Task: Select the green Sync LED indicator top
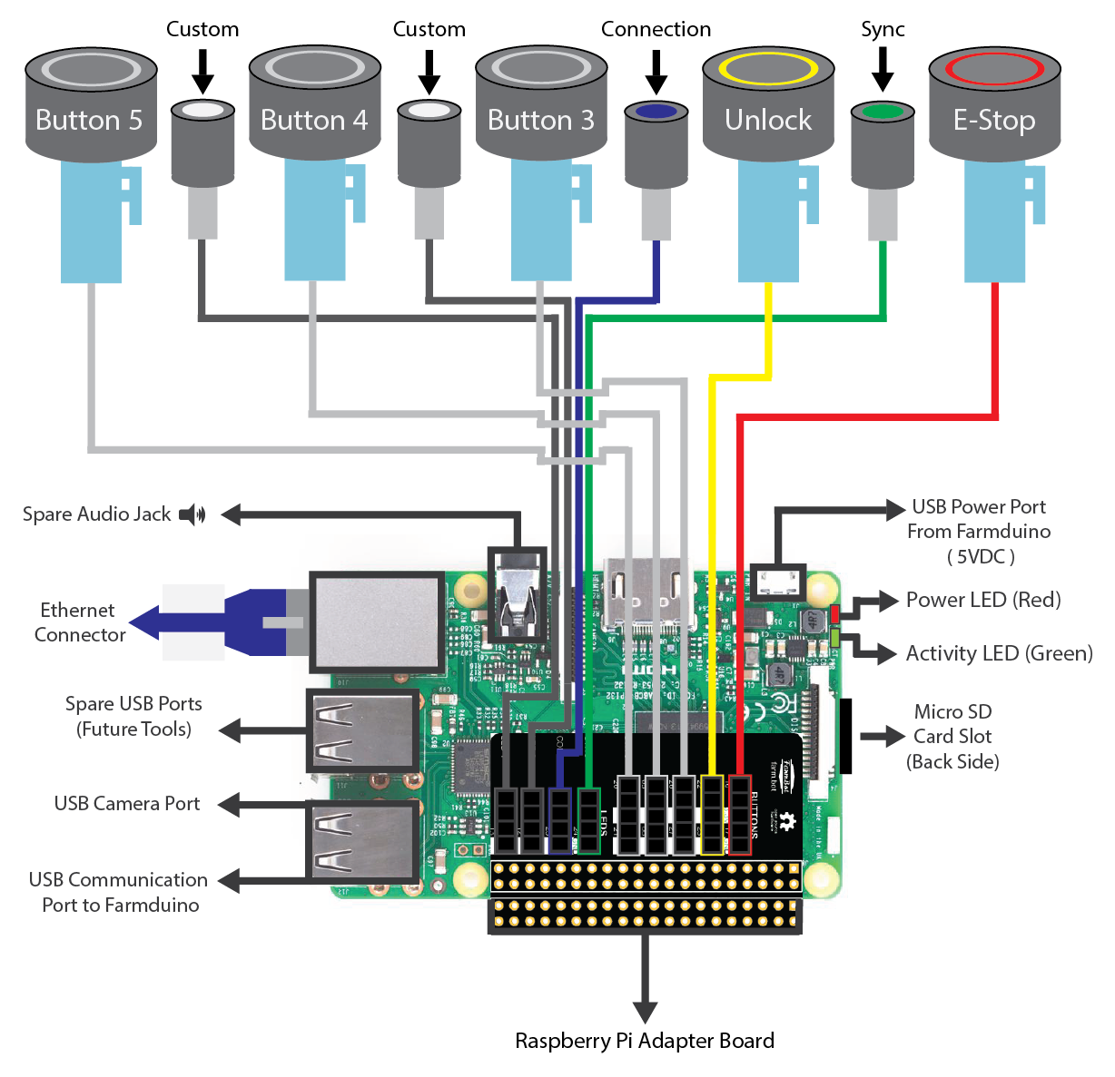882,113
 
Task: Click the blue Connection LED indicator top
656,112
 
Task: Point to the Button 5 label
89,120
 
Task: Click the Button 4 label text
314,120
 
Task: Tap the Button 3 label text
541,120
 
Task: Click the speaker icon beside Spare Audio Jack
192,514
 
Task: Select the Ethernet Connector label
79,622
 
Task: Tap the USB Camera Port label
127,803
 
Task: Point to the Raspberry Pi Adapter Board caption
645,1041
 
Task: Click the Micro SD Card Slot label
952,736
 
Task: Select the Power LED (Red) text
983,600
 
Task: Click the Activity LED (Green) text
999,653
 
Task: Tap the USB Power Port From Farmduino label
979,531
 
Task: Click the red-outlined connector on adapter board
740,814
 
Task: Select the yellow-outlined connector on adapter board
712,814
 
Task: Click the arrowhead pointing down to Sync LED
882,81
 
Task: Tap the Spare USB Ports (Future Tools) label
133,716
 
